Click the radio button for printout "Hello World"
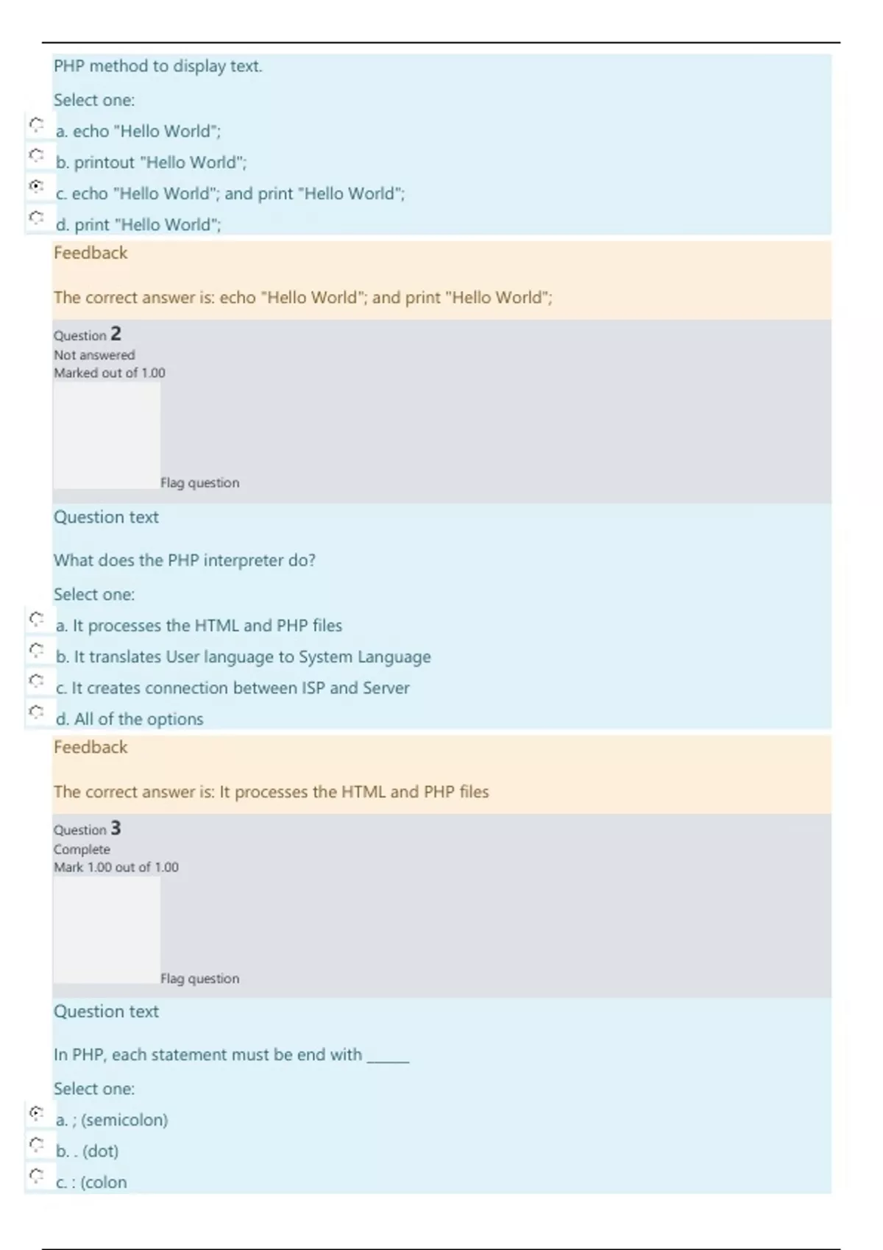coord(36,156)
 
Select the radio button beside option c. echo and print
coord(36,187)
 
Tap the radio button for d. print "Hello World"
coord(36,218)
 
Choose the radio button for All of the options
coord(36,712)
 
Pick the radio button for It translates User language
coord(36,650)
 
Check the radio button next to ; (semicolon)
coord(36,1113)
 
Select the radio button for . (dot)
coord(36,1144)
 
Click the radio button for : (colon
coord(36,1175)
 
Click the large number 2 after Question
coord(116,334)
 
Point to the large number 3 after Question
coord(116,829)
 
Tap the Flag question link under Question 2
coord(199,483)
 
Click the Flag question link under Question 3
coord(199,979)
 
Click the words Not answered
coord(94,355)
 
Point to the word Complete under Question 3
coord(82,849)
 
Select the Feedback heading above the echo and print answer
coord(91,253)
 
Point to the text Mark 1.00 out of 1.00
coord(116,868)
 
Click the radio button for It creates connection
coord(36,681)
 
